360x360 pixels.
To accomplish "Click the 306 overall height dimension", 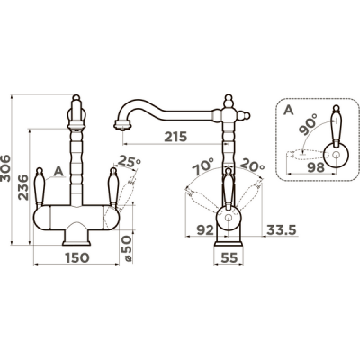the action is click(x=5, y=168).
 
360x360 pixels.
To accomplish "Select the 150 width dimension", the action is click(x=76, y=257).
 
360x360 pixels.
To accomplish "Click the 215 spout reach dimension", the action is click(x=175, y=137).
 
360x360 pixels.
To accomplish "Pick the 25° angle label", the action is click(x=129, y=161).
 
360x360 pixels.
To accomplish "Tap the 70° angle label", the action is click(x=203, y=166).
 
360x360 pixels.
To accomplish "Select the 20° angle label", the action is click(x=252, y=165).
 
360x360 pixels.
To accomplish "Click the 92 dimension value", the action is click(x=205, y=230).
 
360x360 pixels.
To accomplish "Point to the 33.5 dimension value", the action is click(x=282, y=230).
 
